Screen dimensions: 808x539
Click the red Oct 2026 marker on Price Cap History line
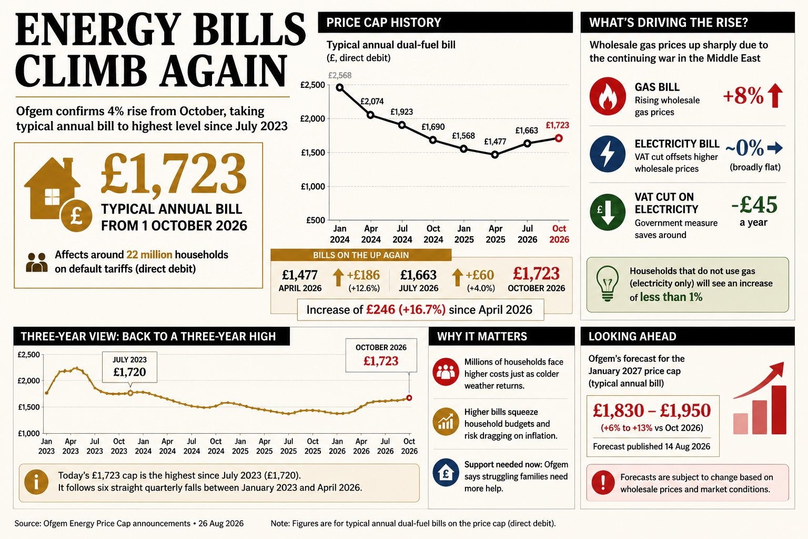point(559,138)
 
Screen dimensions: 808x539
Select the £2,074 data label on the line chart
point(372,102)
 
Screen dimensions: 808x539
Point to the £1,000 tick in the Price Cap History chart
point(313,186)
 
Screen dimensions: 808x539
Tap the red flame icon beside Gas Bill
point(608,96)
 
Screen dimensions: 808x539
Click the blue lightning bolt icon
point(608,154)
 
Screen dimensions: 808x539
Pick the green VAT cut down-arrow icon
point(608,212)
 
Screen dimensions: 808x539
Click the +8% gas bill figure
point(743,96)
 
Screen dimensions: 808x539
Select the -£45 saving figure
point(754,205)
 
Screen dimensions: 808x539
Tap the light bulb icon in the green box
point(608,283)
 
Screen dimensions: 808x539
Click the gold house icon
point(52,188)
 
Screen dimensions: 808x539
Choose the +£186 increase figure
point(363,275)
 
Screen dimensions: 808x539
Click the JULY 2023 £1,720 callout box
point(129,367)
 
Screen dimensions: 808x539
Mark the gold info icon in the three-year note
point(36,482)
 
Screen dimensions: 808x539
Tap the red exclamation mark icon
point(603,482)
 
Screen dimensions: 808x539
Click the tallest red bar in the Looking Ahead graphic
point(779,410)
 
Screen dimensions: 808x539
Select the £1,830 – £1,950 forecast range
point(652,411)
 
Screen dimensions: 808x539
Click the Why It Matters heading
point(482,336)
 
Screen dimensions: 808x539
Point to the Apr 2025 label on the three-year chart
point(265,446)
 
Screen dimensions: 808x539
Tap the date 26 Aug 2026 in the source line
point(221,524)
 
